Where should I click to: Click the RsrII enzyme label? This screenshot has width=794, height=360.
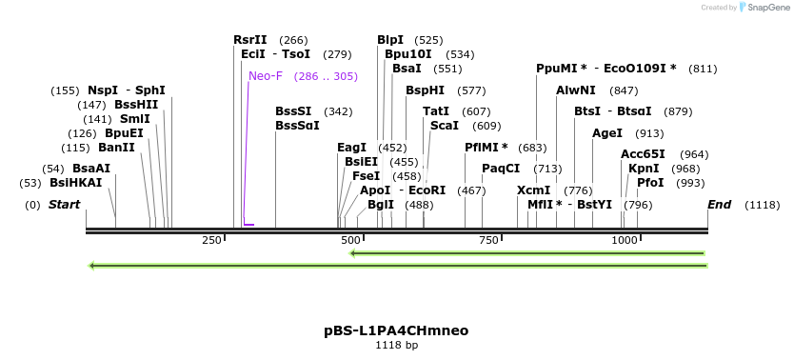tap(250, 40)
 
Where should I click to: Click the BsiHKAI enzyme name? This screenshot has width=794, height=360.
tap(75, 182)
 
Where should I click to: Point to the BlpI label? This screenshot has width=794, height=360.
tap(390, 40)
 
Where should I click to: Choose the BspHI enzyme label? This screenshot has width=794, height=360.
tap(425, 90)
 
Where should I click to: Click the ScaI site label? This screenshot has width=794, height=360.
tap(445, 126)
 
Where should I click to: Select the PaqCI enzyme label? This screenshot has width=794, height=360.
tap(501, 169)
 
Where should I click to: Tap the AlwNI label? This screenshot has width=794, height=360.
tap(576, 90)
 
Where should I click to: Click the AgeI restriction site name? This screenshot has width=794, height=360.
tap(607, 133)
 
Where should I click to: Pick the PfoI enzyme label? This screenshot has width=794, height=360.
tap(651, 182)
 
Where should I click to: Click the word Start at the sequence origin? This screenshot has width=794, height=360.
tap(64, 205)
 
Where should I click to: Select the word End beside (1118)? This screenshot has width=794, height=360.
tap(720, 205)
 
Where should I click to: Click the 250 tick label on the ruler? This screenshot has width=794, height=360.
tap(211, 240)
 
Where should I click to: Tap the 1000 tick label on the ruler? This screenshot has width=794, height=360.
tap(624, 240)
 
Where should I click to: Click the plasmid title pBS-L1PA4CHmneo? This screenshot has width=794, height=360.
tap(396, 330)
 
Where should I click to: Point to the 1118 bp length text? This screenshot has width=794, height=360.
tap(396, 345)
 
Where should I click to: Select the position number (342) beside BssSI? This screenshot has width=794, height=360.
tap(338, 111)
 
